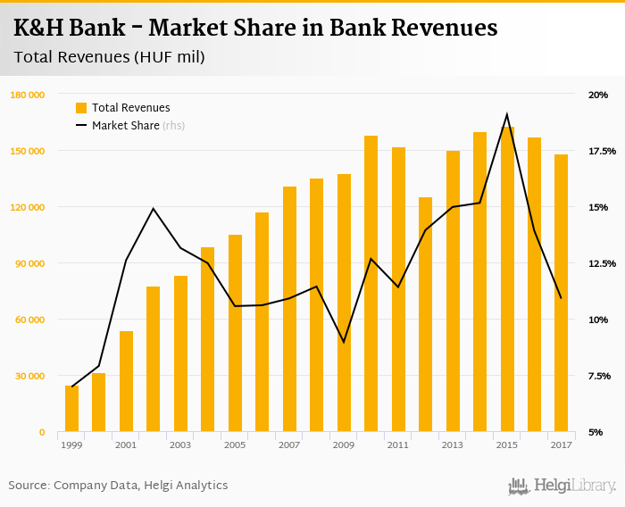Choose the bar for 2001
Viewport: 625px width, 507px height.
click(126, 381)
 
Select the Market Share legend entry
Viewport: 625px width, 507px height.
click(125, 126)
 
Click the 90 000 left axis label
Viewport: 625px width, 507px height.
click(29, 263)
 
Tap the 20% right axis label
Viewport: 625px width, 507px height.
click(597, 95)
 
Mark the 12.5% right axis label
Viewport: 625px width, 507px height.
click(596, 263)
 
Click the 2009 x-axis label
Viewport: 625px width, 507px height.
click(344, 445)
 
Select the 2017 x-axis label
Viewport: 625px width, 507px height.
click(561, 445)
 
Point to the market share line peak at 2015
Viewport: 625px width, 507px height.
click(507, 114)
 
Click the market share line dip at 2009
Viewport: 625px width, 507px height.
click(344, 342)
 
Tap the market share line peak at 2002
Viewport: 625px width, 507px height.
click(154, 209)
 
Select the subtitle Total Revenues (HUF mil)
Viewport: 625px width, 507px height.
click(109, 58)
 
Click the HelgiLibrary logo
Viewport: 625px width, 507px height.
click(562, 486)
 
